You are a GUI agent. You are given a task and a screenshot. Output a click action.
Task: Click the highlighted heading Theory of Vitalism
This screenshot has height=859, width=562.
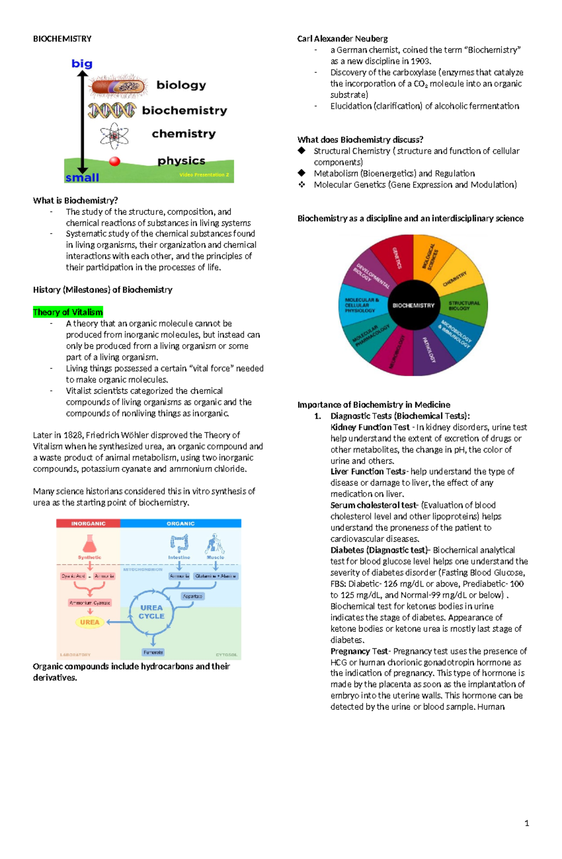click(68, 312)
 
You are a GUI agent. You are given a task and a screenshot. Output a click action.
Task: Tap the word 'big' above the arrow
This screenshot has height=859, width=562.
click(81, 64)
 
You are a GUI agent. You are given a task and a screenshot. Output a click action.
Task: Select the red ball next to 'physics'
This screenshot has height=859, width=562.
click(115, 162)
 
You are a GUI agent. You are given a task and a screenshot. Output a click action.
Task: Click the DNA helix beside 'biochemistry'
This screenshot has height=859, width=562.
click(112, 110)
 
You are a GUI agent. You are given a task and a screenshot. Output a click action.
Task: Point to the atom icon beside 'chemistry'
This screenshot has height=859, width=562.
click(114, 136)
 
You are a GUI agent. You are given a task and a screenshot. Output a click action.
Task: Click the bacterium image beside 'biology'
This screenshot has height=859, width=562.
click(118, 86)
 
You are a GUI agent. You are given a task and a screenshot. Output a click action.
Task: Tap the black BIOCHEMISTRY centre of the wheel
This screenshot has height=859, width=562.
click(413, 305)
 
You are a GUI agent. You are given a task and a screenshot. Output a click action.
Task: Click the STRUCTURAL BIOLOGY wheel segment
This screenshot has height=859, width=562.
click(464, 306)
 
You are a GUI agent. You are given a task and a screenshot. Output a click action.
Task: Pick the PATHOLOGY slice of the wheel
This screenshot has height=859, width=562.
click(430, 350)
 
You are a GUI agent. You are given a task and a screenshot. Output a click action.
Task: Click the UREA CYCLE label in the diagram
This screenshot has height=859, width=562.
click(151, 612)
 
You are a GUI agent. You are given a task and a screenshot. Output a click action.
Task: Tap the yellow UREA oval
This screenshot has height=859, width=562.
click(89, 622)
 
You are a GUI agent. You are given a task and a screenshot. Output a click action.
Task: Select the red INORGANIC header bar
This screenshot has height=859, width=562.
click(88, 523)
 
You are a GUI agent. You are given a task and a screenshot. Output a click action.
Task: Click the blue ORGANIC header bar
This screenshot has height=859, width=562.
click(180, 523)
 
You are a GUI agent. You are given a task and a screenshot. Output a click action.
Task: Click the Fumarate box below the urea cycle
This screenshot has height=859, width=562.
click(153, 652)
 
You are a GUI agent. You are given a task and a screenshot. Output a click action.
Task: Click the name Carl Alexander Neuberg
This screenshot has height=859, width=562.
click(342, 39)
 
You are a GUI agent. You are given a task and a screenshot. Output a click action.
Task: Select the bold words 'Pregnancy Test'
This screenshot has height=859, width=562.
click(359, 651)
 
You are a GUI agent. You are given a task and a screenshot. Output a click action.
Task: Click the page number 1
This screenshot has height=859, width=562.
click(527, 823)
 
